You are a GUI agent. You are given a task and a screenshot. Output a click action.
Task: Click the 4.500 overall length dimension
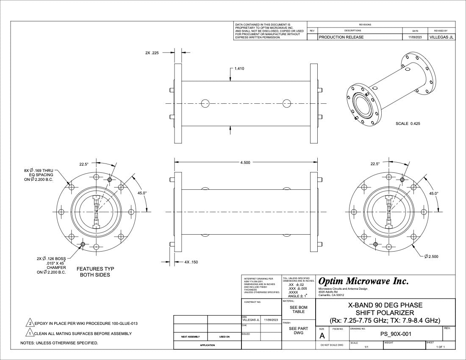click(x=245, y=163)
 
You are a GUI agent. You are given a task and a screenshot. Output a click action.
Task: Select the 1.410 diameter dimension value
click(x=239, y=69)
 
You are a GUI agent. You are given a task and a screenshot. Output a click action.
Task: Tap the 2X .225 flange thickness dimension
click(x=152, y=53)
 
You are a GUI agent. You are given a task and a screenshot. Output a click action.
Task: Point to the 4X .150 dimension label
click(x=191, y=262)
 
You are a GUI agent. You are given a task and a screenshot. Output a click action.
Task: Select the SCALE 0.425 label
click(x=408, y=124)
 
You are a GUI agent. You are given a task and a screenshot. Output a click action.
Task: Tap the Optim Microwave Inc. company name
click(x=363, y=281)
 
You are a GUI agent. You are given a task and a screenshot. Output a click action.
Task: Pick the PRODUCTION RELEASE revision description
click(x=341, y=37)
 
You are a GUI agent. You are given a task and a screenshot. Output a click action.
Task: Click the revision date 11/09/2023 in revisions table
click(x=415, y=37)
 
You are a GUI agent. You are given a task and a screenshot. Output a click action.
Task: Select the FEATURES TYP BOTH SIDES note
click(x=95, y=272)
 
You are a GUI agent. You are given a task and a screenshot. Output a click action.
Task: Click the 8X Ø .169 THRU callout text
click(x=39, y=171)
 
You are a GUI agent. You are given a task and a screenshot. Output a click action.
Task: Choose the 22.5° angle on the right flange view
click(x=376, y=163)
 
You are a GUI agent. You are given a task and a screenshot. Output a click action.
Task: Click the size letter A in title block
click(x=322, y=335)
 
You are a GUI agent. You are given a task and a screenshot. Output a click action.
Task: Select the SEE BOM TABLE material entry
click(x=299, y=309)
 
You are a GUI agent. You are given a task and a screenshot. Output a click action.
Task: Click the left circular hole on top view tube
click(x=205, y=103)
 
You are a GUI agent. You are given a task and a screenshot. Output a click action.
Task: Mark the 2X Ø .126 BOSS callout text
click(x=51, y=258)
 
